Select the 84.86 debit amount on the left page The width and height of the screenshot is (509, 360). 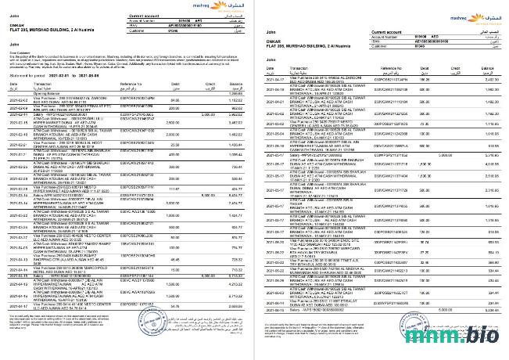coord(174,121)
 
